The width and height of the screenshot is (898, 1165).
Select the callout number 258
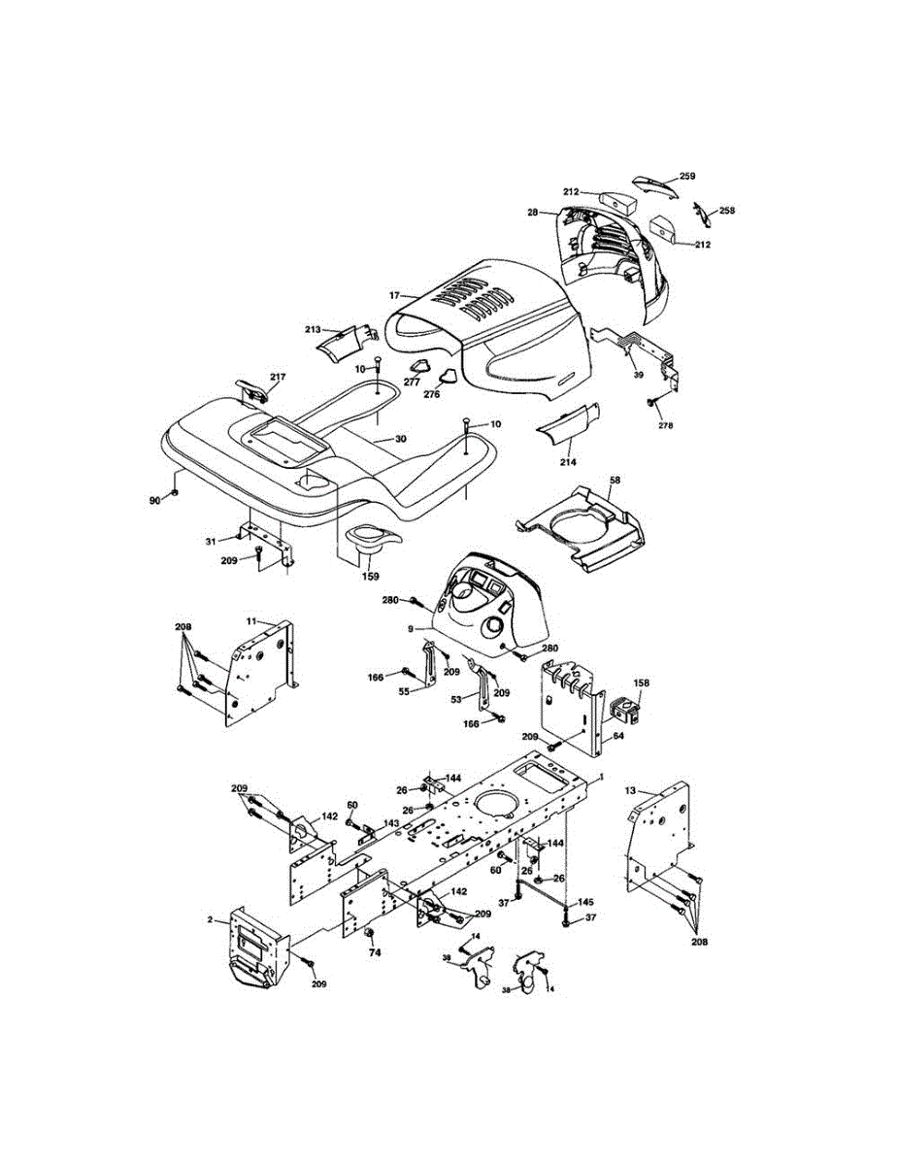click(x=725, y=210)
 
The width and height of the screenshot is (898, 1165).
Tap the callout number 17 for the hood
click(x=395, y=294)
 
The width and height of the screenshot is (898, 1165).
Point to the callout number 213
click(x=312, y=330)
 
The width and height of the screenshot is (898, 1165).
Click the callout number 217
click(x=278, y=377)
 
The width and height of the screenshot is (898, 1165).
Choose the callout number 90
click(x=154, y=499)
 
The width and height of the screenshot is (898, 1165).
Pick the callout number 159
click(x=371, y=576)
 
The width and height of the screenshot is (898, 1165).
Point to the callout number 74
click(x=375, y=952)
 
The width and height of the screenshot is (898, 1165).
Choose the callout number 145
click(x=585, y=903)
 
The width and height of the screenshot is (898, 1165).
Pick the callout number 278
click(x=665, y=425)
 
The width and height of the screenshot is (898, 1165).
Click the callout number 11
click(x=250, y=619)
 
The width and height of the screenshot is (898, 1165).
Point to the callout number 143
click(x=390, y=823)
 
